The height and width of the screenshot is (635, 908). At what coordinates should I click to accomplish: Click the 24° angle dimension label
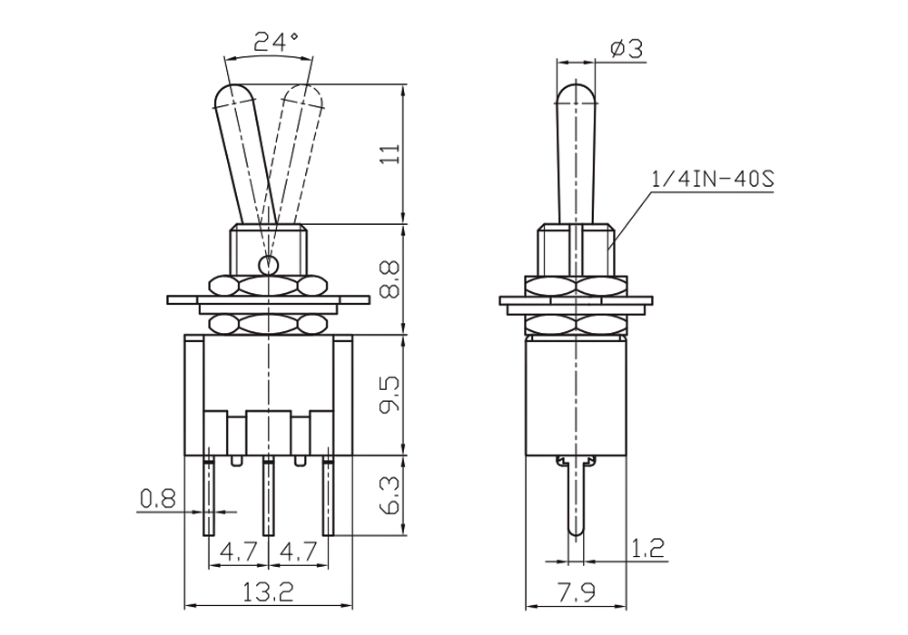(x=276, y=43)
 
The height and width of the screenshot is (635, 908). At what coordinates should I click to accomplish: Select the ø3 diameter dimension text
(x=627, y=49)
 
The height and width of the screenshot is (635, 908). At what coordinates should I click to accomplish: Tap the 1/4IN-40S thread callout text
(x=712, y=180)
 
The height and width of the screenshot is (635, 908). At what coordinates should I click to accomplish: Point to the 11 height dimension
(x=392, y=154)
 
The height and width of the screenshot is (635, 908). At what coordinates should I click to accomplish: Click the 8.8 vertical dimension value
(x=391, y=278)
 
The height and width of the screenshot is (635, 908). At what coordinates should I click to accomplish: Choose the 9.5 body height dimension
(x=390, y=395)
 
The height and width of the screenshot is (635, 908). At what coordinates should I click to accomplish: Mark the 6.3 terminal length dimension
(x=391, y=495)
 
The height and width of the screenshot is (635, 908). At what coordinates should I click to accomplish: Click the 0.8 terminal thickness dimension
(x=157, y=499)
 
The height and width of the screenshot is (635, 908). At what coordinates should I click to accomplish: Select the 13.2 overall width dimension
(x=268, y=591)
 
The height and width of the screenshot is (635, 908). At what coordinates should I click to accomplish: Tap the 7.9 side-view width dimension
(x=577, y=591)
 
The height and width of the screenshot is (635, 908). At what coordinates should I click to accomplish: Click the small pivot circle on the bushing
(x=268, y=265)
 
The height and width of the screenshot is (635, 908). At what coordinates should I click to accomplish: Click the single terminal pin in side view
(x=576, y=496)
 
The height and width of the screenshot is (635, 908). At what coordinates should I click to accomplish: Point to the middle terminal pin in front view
(x=268, y=496)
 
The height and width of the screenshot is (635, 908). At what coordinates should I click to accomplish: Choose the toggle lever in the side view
(x=577, y=154)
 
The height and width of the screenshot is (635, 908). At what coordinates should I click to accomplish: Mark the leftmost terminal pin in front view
(x=209, y=496)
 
